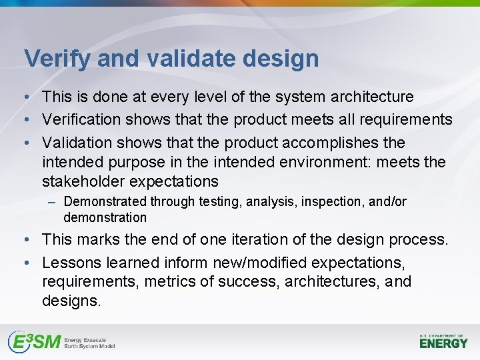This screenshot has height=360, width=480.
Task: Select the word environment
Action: pos(297,162)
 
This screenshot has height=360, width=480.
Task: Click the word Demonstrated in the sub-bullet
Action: pos(105,201)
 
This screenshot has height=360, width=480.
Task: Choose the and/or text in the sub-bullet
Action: pos(387,201)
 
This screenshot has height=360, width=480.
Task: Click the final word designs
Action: pos(71,301)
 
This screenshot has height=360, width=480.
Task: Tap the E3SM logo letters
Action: pos(34,342)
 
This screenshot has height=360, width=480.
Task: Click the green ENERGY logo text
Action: pos(444,343)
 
